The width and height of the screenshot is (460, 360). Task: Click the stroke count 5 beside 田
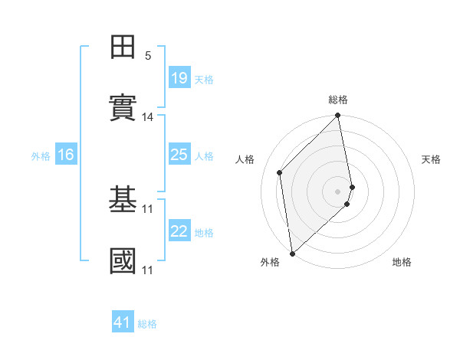148,56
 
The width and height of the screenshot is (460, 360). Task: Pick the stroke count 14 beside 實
148,117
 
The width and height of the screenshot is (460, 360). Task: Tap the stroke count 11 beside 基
148,208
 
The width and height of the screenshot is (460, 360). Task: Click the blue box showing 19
179,78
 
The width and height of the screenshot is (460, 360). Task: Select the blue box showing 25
179,155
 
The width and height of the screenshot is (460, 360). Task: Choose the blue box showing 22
179,231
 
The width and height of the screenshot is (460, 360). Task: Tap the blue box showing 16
65,155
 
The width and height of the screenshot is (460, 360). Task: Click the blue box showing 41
123,322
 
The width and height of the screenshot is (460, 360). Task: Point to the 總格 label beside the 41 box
147,324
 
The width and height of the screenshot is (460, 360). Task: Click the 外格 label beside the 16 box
41,156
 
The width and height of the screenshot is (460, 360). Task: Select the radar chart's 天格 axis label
431,159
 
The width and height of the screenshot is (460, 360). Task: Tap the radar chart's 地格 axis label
402,262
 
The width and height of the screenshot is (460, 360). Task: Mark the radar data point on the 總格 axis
338,116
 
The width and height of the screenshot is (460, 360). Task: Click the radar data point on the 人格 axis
280,172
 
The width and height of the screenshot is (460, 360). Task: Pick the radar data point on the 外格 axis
292,253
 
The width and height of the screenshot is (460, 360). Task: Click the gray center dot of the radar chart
338,191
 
